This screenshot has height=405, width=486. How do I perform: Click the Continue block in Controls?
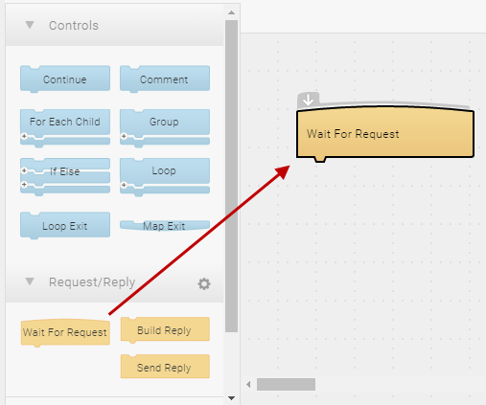point(65,79)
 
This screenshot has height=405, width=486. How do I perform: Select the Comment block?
point(165,79)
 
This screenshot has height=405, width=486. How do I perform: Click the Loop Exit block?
point(65,226)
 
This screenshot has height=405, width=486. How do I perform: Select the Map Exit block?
point(165,225)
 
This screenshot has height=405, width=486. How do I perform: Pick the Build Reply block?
point(165,330)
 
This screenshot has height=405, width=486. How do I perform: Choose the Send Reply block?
point(165,367)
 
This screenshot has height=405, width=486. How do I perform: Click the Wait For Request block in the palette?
point(65,332)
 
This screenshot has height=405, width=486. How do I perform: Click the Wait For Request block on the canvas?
point(385,134)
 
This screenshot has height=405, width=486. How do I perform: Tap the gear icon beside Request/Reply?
point(204,283)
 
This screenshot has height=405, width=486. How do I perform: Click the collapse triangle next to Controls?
point(30,25)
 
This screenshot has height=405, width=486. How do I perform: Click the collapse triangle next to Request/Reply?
point(30,281)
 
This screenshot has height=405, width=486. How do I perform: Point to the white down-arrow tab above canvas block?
point(308,100)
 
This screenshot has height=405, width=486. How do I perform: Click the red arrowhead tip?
point(289,166)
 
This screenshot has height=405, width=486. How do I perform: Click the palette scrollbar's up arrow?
point(232,12)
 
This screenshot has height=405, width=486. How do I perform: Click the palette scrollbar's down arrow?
point(232,398)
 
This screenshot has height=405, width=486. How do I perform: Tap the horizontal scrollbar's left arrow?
point(248,385)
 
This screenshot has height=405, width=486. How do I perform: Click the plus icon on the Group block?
point(124,136)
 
